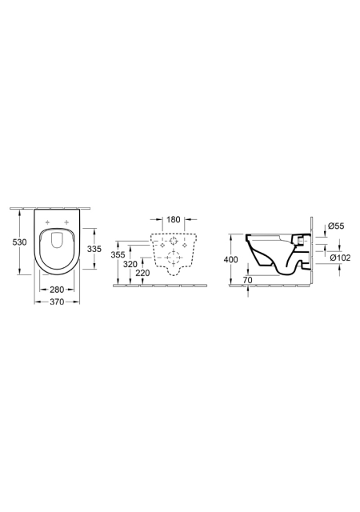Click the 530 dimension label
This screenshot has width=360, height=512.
19,242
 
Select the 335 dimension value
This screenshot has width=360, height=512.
94,249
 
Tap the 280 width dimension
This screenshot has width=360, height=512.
57,290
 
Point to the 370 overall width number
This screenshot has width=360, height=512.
57,302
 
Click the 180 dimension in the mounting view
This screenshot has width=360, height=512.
174,219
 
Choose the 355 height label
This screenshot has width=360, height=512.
118,254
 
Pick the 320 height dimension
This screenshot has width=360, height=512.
130,264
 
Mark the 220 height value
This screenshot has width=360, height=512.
142,273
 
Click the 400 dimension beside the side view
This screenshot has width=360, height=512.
231,259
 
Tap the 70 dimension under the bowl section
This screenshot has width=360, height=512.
248,280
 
